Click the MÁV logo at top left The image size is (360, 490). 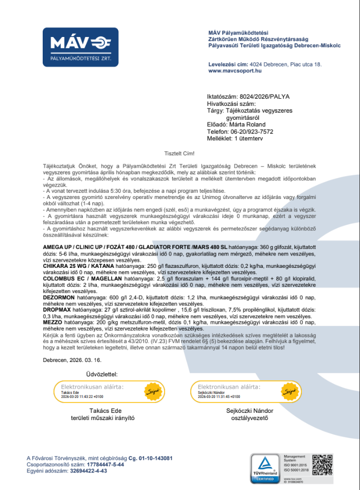80,47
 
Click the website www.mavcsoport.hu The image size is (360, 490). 235,71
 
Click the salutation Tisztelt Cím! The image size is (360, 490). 179,153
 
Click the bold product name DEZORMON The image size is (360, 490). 59,297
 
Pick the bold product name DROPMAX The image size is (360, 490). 57,310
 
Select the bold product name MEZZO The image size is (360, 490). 53,322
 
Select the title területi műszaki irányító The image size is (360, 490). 102,418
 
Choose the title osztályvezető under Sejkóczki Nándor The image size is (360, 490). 249,418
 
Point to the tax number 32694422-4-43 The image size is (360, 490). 88,470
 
